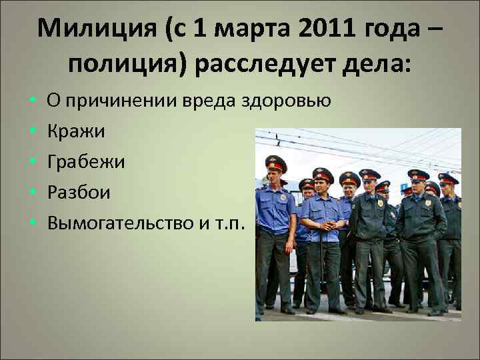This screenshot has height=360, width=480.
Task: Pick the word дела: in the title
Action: click(377, 66)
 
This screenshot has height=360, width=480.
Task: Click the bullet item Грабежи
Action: click(85, 162)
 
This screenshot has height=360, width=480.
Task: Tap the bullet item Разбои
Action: click(79, 193)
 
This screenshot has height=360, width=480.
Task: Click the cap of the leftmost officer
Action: click(275, 161)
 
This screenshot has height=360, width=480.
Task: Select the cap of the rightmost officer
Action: click(447, 179)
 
